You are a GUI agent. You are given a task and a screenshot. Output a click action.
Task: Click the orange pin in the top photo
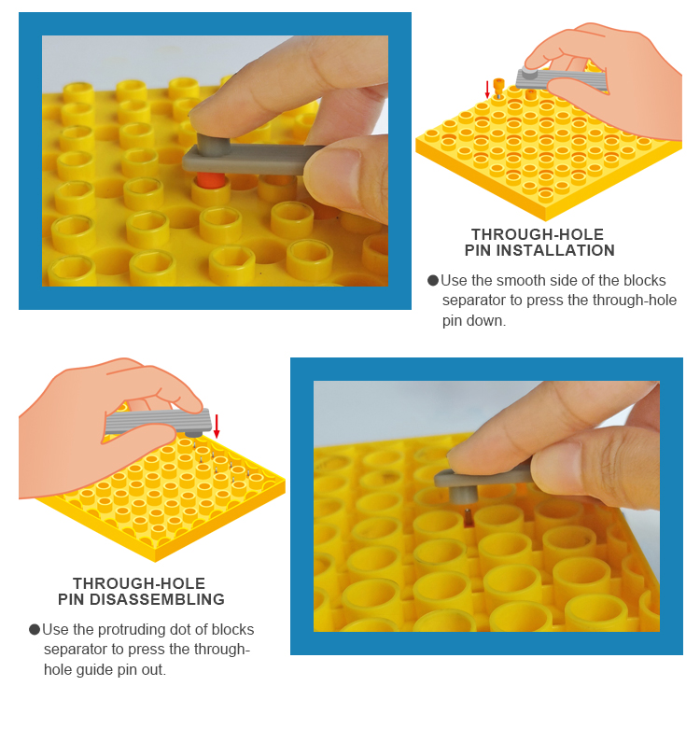click(x=211, y=180)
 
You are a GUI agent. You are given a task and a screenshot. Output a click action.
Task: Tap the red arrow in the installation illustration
click(x=487, y=90)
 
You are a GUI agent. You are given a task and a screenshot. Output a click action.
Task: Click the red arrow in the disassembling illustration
click(x=217, y=426)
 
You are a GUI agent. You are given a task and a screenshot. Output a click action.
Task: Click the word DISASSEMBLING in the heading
click(x=157, y=599)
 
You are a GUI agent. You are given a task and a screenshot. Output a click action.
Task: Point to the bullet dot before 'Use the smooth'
click(x=432, y=280)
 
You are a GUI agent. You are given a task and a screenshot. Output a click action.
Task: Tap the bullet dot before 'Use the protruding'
click(x=35, y=629)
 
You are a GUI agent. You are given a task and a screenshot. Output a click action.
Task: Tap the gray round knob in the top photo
click(x=213, y=144)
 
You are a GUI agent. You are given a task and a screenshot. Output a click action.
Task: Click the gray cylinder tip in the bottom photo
click(x=463, y=495)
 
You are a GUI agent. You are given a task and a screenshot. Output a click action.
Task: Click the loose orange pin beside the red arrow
click(x=498, y=87)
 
